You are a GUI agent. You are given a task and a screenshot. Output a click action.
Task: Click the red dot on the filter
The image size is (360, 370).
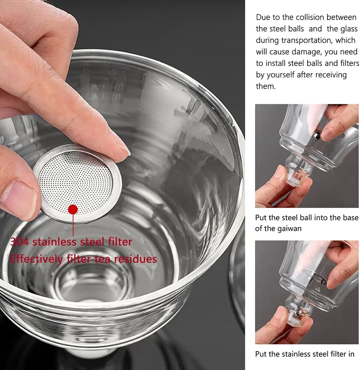point(73,209)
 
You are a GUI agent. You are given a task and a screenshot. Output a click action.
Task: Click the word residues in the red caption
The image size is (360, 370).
point(135,259)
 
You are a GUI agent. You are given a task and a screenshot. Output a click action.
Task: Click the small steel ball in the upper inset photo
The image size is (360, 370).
point(317,136)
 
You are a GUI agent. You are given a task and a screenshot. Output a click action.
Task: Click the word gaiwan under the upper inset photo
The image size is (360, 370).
point(286,229)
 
